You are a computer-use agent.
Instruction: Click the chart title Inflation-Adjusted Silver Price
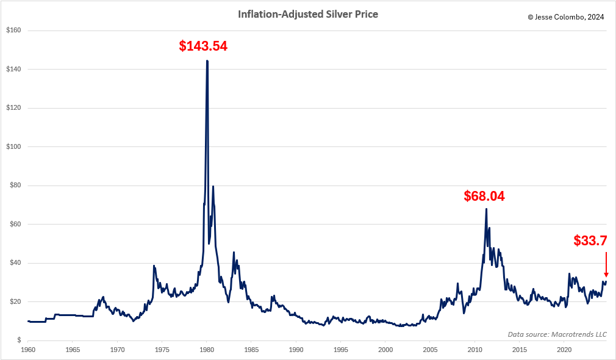307,14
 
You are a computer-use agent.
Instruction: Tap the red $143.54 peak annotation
203,46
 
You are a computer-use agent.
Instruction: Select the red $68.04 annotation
484,196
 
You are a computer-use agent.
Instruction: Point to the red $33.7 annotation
590,240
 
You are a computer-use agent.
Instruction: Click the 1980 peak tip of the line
207,61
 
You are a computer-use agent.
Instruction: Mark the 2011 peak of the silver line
486,209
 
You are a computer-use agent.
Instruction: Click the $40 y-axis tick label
14,263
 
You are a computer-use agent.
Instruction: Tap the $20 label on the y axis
14,301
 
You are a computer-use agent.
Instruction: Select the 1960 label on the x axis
28,350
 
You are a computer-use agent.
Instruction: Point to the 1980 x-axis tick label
207,350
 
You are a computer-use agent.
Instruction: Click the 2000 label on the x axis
385,350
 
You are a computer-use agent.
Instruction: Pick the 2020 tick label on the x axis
564,350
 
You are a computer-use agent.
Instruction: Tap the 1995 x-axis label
341,350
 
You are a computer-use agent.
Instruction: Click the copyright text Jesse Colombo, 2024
566,17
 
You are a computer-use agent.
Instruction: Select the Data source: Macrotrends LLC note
557,334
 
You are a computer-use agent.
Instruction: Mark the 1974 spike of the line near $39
154,266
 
